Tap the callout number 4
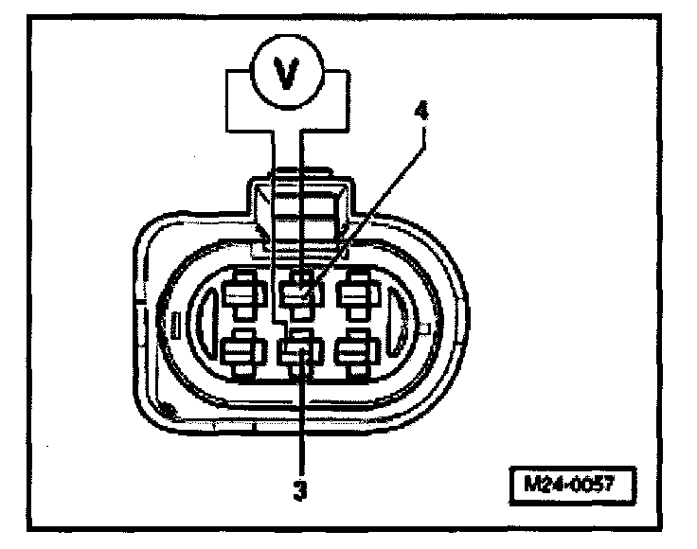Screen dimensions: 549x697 (421, 109)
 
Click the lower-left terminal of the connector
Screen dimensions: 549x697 (242, 352)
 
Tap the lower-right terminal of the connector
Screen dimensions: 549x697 (357, 352)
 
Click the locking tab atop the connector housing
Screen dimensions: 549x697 (301, 201)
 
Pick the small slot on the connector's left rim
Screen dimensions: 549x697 (175, 324)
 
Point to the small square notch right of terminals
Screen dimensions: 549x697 (425, 328)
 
